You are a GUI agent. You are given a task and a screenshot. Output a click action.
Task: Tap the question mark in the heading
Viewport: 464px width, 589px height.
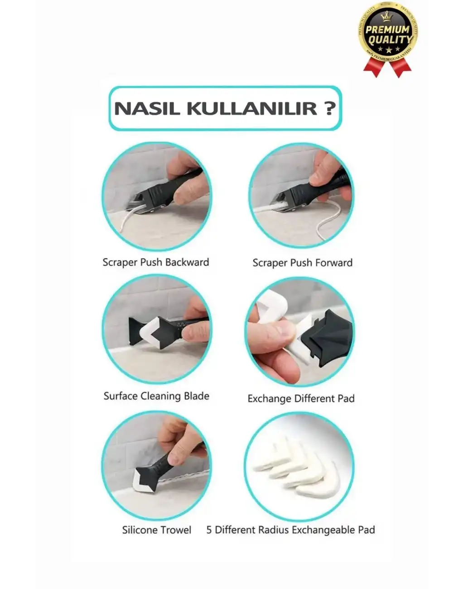point(330,108)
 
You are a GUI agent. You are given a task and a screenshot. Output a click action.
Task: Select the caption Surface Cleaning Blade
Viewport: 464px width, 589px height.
point(156,396)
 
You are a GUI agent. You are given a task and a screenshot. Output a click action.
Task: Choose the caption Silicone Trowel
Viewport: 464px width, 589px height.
point(156,530)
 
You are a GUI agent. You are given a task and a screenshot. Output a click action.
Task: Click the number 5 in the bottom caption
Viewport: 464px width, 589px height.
point(209,530)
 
